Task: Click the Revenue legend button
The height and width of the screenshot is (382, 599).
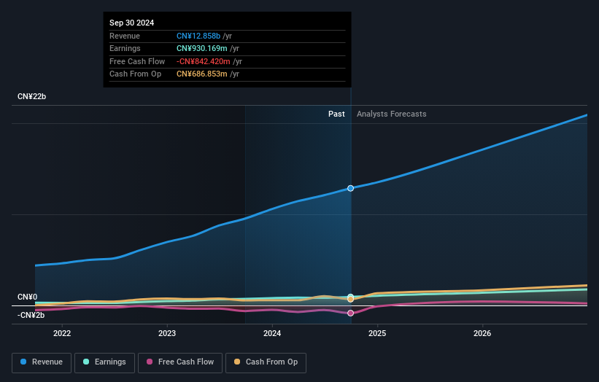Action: click(42, 362)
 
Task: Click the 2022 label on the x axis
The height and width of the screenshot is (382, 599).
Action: click(62, 334)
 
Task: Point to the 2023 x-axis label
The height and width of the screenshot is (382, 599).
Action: click(167, 334)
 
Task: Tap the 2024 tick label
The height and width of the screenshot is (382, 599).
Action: click(272, 334)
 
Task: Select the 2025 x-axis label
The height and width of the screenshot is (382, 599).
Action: click(377, 334)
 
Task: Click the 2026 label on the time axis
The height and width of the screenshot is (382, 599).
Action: click(482, 334)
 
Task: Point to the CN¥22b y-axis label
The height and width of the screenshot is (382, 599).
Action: click(31, 97)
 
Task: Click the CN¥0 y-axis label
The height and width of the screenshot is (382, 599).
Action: click(27, 297)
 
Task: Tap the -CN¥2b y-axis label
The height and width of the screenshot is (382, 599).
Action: click(31, 315)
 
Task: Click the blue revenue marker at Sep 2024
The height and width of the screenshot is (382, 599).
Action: click(351, 188)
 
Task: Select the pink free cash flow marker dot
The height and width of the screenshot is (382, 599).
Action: click(351, 313)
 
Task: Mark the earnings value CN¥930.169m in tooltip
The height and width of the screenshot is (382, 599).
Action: click(202, 49)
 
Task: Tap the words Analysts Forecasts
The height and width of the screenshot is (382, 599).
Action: click(391, 114)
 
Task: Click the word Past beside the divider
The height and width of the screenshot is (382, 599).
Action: click(336, 114)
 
